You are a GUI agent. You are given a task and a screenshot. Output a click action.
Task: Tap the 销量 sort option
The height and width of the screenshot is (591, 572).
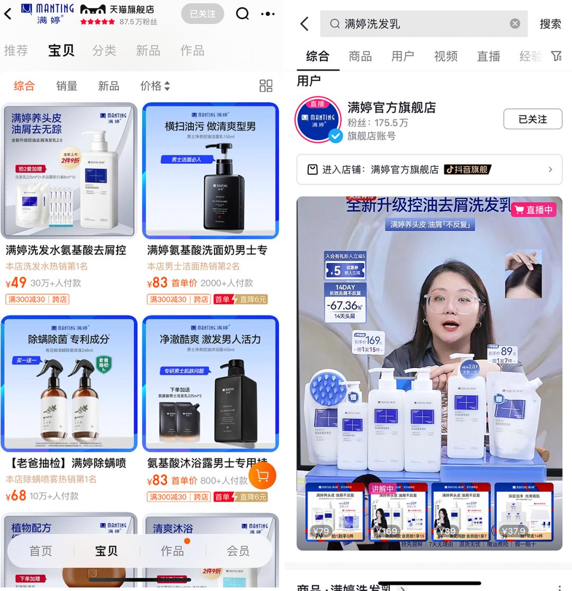click(x=67, y=86)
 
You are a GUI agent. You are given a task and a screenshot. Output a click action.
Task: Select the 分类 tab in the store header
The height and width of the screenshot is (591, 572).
click(x=104, y=50)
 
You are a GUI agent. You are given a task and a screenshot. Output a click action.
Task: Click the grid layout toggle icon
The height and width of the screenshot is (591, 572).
click(x=266, y=86)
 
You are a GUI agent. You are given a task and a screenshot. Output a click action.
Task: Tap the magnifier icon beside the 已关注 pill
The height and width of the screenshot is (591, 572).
click(x=242, y=14)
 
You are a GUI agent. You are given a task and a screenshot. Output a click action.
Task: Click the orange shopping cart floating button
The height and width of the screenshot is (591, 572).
click(x=262, y=476)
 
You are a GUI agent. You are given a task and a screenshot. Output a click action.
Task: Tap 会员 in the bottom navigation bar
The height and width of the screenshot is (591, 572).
click(x=238, y=551)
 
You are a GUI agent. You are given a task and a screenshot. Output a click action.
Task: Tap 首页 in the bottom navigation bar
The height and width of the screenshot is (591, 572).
click(x=41, y=551)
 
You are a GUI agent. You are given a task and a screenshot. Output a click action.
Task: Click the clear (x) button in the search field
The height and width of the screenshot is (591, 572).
click(x=515, y=24)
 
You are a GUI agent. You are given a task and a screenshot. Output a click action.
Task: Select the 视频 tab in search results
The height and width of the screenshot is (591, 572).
click(x=445, y=56)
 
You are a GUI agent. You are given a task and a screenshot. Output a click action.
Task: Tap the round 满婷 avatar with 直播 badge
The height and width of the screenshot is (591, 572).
click(x=318, y=120)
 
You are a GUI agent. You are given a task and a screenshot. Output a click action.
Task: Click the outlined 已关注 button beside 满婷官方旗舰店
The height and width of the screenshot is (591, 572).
click(x=532, y=119)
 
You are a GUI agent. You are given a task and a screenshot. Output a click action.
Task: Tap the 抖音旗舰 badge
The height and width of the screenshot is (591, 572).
click(x=467, y=169)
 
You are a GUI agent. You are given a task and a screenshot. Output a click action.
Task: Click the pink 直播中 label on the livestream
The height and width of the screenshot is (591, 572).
click(x=534, y=210)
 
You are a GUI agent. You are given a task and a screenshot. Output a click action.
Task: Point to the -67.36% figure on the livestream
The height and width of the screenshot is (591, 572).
click(x=344, y=306)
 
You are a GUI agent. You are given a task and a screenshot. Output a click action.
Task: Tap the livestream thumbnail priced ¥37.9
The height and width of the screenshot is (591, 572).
click(x=524, y=512)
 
